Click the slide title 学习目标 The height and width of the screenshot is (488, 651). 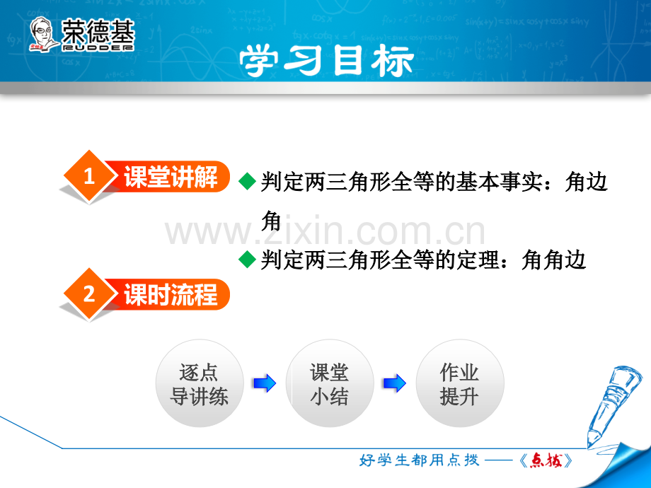(x=325, y=62)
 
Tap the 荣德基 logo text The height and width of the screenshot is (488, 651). (x=98, y=33)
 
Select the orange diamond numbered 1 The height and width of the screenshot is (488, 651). (x=89, y=178)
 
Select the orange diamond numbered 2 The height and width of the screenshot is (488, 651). (x=89, y=294)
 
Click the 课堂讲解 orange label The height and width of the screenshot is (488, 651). (x=171, y=178)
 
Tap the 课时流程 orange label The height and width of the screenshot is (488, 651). (x=171, y=294)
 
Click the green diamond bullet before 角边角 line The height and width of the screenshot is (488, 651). (x=247, y=182)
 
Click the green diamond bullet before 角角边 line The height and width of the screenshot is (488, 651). (x=247, y=260)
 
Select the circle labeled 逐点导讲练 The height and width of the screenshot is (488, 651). (x=199, y=384)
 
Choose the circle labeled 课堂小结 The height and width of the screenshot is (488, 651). (x=329, y=384)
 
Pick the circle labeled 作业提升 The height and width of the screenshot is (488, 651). (x=459, y=384)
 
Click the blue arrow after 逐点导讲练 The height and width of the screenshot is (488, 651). (x=264, y=384)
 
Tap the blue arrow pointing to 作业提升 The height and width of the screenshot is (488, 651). (x=394, y=384)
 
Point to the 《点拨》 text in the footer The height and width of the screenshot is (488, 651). (x=545, y=461)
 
